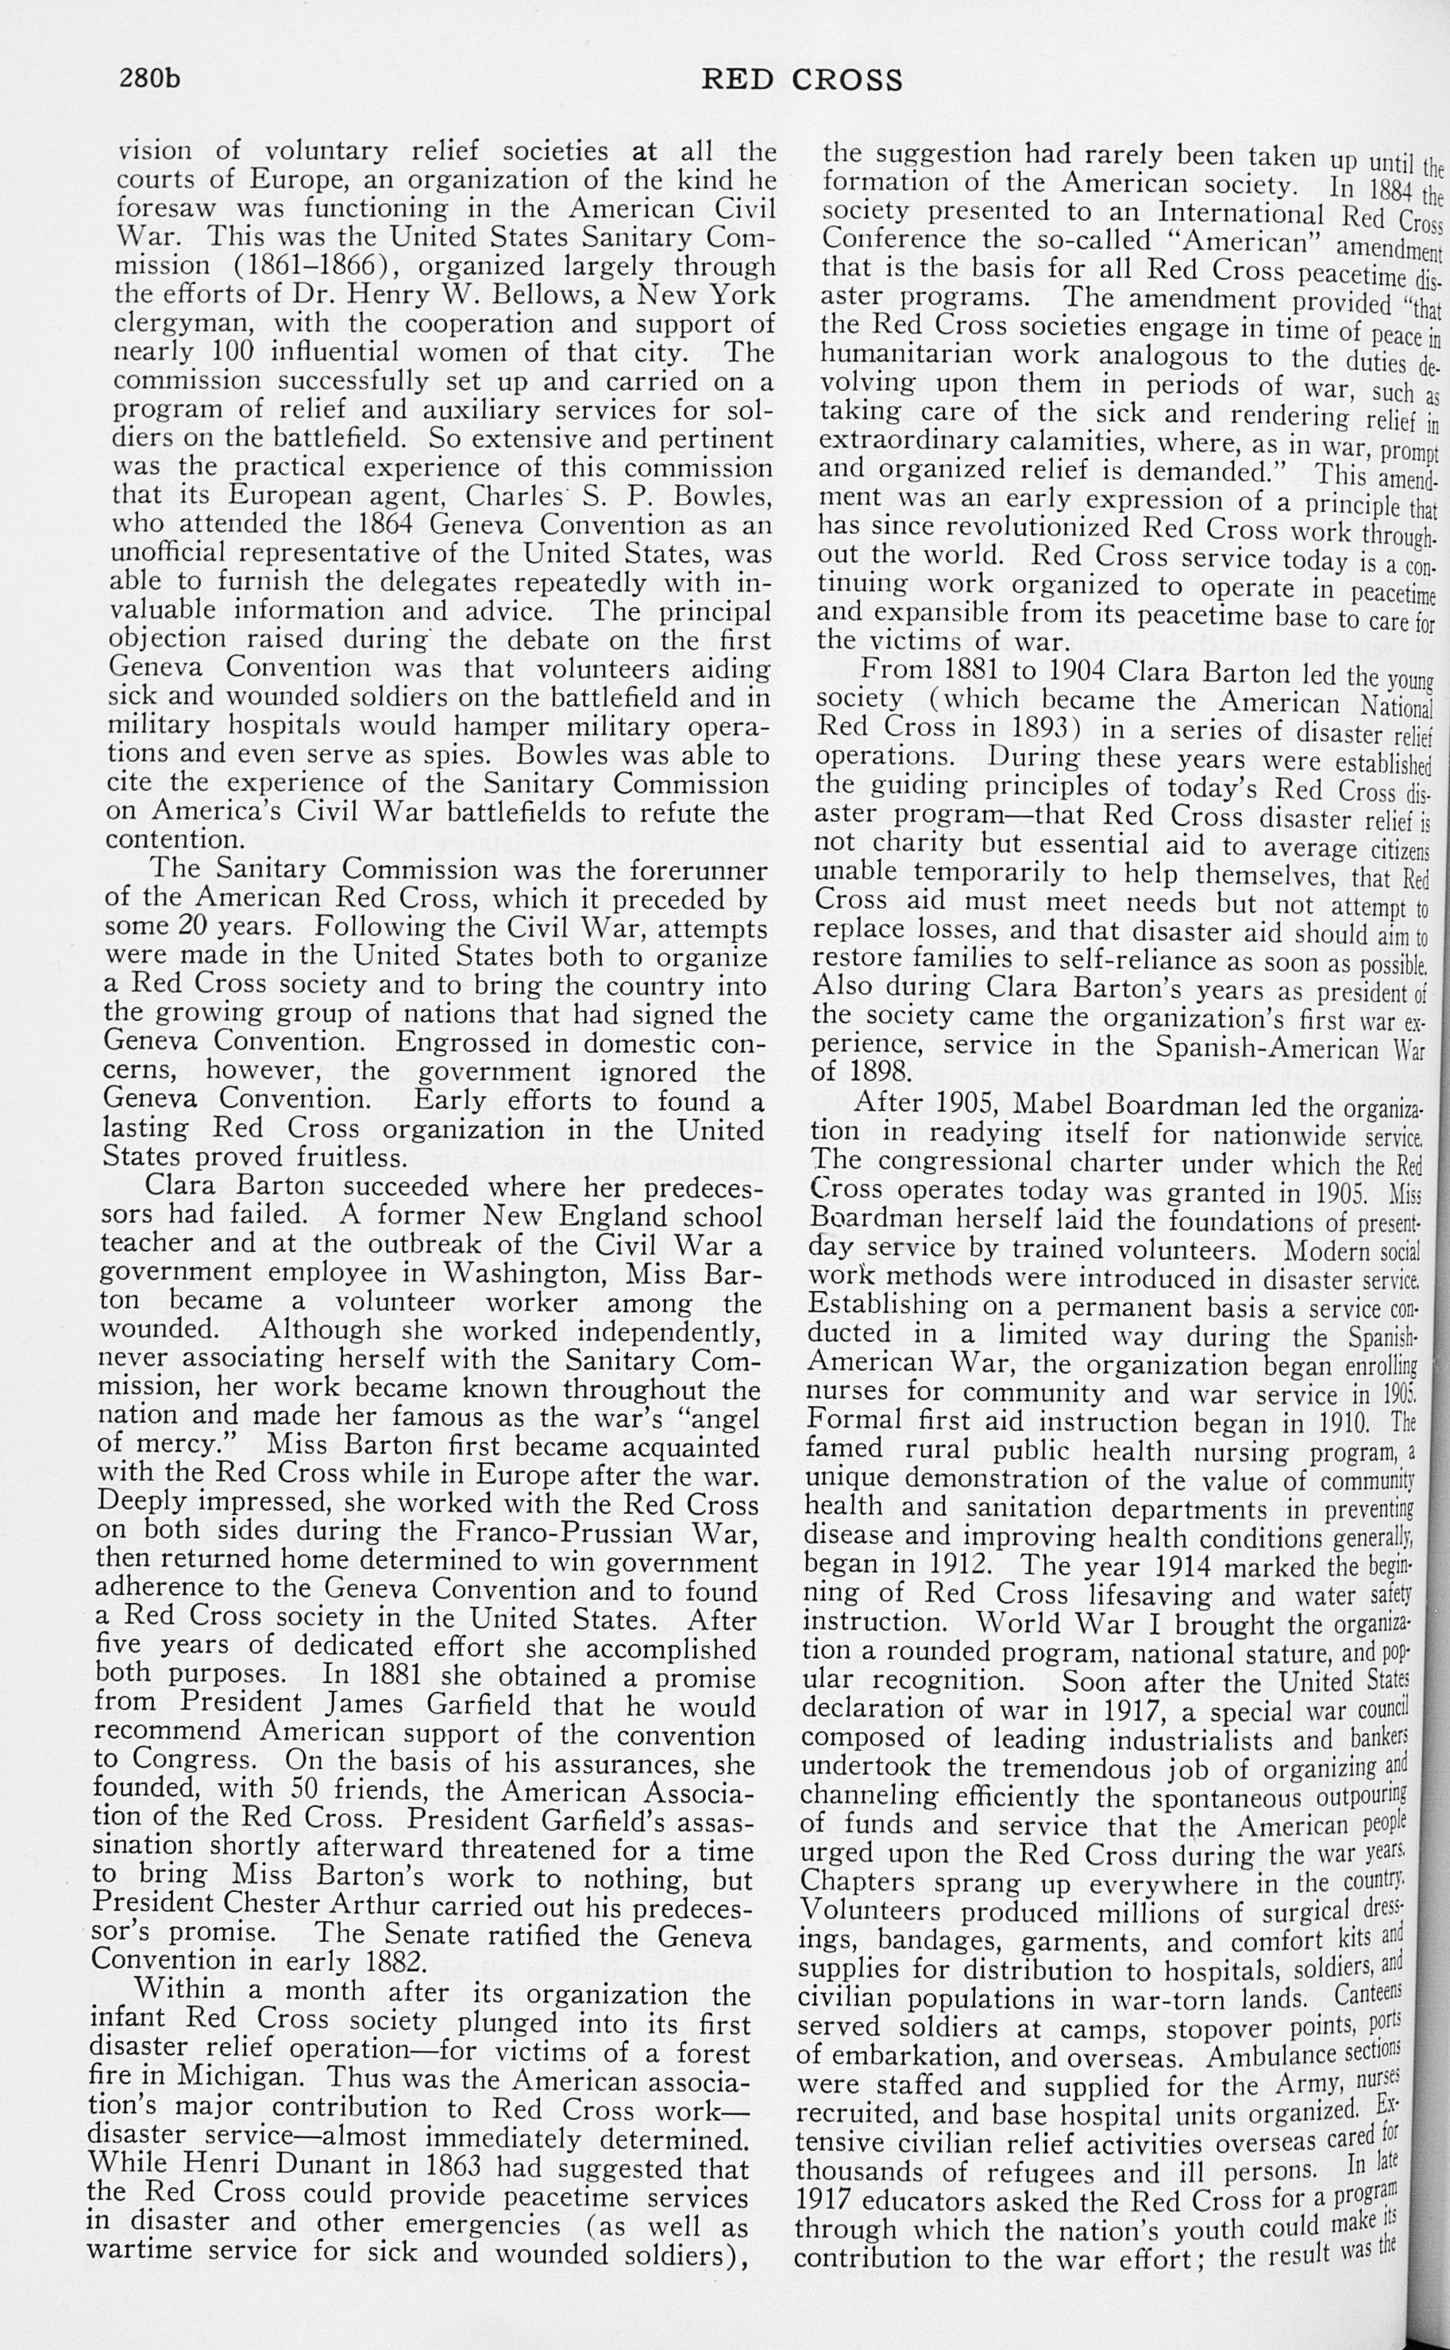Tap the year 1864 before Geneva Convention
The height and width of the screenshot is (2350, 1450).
tap(388, 525)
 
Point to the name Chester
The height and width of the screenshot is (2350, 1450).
tap(281, 1906)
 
